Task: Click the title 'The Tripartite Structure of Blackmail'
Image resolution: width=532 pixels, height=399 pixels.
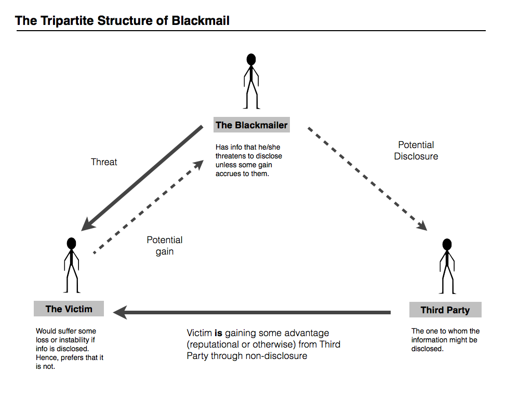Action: (122, 21)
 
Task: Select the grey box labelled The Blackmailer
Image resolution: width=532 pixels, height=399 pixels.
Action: (251, 125)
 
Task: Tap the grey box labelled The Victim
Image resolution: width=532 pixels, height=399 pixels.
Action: (69, 309)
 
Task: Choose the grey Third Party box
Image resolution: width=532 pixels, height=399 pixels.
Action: (445, 310)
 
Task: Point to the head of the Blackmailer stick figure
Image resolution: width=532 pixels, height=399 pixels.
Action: (251, 59)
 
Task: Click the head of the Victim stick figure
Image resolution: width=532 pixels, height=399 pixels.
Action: (72, 243)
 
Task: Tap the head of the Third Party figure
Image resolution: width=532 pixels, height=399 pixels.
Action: (447, 245)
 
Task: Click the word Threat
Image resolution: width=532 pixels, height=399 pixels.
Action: (104, 162)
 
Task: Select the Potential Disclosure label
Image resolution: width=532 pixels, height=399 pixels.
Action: (416, 151)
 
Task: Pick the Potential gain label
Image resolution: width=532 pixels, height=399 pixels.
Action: (164, 246)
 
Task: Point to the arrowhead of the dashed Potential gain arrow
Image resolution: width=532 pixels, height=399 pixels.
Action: (198, 164)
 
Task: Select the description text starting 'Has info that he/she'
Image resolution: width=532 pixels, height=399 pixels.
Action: (249, 161)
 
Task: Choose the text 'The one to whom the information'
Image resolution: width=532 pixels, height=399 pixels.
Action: (445, 340)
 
